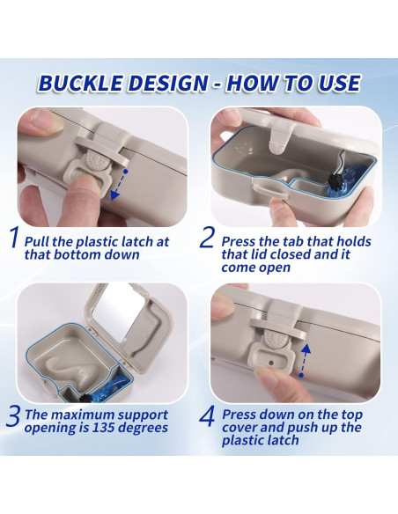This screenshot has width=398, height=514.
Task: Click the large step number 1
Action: point(14,237)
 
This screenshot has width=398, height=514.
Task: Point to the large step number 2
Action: point(207,237)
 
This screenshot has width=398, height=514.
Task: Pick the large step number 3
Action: point(14,416)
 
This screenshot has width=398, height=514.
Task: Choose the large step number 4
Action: point(207,416)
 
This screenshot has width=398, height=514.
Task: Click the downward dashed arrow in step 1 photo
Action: point(119,185)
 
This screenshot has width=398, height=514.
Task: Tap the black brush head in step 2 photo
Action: point(335,181)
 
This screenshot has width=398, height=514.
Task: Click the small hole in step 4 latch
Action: point(271,363)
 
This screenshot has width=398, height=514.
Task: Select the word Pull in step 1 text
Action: point(37,242)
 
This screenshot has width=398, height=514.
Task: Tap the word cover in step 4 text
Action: point(239,428)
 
